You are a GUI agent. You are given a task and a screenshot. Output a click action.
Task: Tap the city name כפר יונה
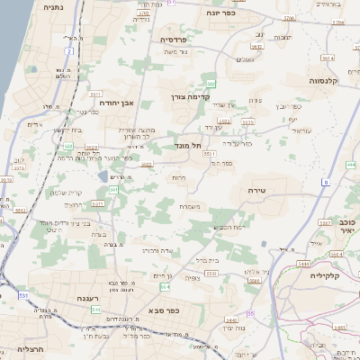click(x=220, y=13)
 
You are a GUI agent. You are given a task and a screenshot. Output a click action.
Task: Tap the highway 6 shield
click(x=324, y=183)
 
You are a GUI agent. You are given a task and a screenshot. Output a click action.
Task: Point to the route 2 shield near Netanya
click(x=68, y=51)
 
